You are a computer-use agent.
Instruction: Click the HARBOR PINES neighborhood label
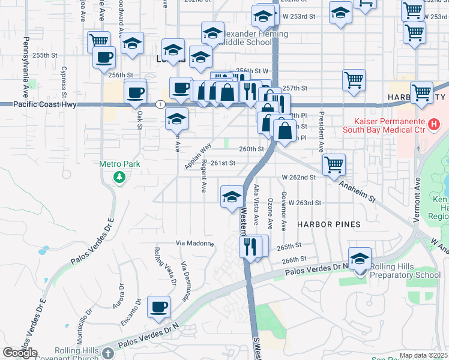tap(329, 224)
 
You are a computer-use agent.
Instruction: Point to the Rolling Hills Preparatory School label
tap(405, 271)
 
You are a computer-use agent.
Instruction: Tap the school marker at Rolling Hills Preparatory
tap(360, 258)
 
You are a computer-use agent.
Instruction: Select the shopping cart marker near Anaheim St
tap(334, 163)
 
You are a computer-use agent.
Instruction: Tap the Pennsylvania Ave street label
tap(26, 61)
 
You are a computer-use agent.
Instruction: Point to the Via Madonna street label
tap(194, 243)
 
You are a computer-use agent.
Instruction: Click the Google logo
tap(20, 353)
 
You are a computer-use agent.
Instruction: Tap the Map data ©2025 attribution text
tap(423, 355)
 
